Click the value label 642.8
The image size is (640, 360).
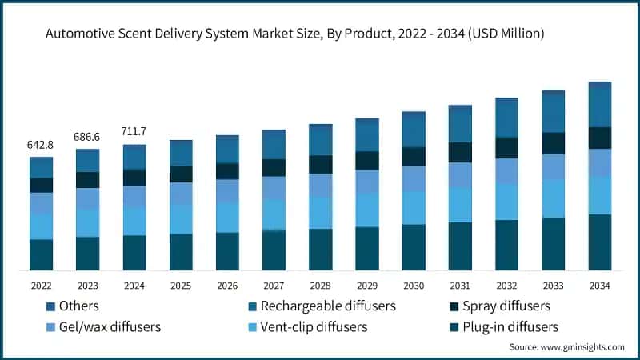(41, 145)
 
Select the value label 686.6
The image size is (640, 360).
(87, 138)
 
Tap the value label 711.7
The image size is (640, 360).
(134, 131)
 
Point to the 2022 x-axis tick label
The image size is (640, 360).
(41, 285)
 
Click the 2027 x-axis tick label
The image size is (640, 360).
(274, 285)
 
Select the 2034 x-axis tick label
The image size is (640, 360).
(599, 285)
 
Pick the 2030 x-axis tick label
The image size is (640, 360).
(413, 285)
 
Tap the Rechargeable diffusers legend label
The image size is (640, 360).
(329, 306)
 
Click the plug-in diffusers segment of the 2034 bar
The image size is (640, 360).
(599, 242)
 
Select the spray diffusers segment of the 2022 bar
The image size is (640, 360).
(41, 185)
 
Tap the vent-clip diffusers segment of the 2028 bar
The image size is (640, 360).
(320, 213)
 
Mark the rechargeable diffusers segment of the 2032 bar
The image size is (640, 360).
(506, 118)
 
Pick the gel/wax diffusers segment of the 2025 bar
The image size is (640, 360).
(180, 194)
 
